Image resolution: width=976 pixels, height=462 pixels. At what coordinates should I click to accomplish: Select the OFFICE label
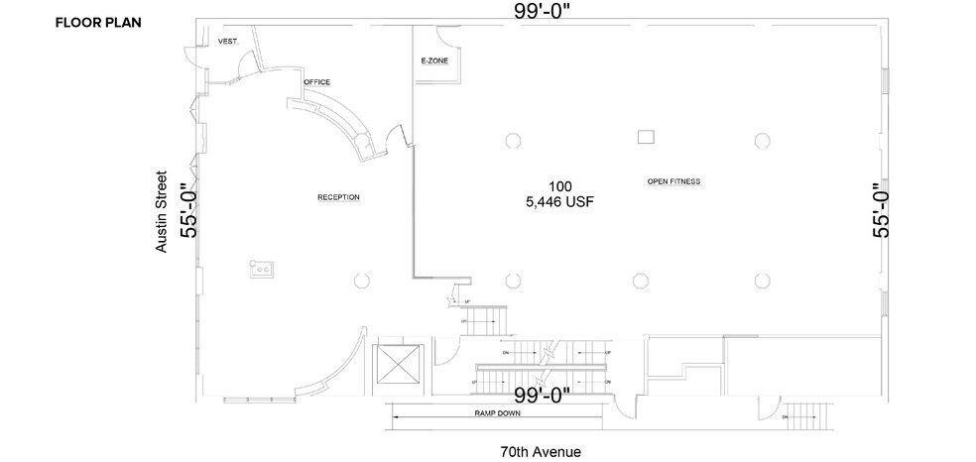[x=316, y=81]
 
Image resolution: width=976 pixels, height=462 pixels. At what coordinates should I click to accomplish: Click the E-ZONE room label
[x=434, y=61]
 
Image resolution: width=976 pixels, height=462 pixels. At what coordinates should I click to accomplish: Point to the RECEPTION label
[x=338, y=197]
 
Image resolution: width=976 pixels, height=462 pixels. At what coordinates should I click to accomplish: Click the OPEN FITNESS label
[x=673, y=181]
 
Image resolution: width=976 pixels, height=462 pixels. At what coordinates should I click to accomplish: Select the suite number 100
[x=559, y=186]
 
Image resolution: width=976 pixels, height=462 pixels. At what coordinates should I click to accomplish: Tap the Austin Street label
[x=162, y=217]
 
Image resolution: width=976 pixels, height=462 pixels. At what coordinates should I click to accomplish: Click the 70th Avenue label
[x=541, y=451]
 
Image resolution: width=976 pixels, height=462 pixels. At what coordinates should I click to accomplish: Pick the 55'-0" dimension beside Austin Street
[x=187, y=210]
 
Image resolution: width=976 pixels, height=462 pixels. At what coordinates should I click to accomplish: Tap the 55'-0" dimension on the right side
[x=880, y=210]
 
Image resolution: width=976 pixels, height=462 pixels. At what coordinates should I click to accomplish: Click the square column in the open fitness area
[x=647, y=136]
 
